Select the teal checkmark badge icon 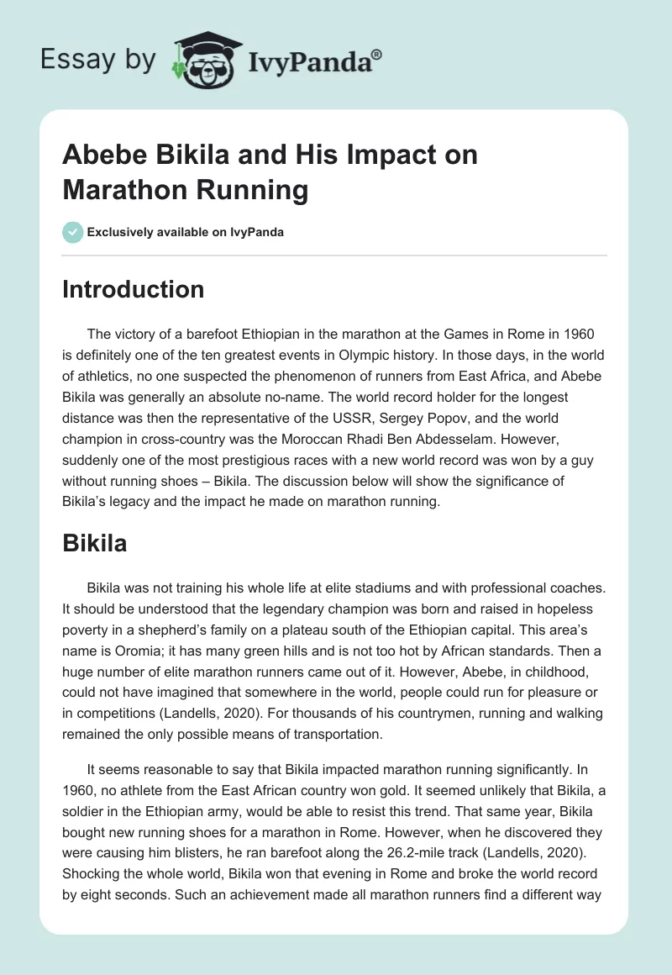point(73,232)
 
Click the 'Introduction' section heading point(134,289)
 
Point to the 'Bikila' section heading point(95,543)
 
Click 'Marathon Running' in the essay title point(185,190)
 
